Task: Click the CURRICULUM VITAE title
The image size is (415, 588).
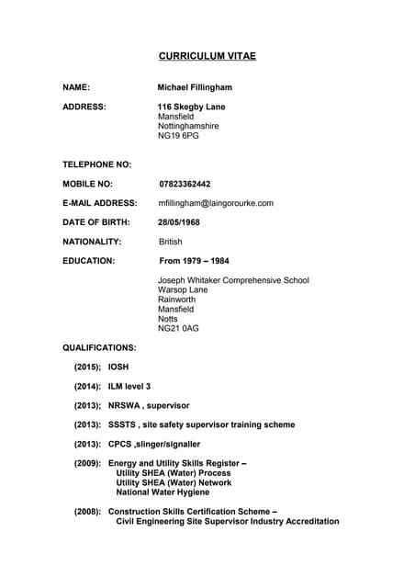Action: (x=207, y=57)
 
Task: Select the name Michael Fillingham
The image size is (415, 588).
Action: (x=195, y=87)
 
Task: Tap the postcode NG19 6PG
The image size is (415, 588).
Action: (x=178, y=136)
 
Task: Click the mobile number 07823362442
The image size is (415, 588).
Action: (x=185, y=184)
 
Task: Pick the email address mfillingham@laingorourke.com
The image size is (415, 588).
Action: (x=216, y=203)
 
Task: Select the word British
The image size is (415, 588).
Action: (x=171, y=242)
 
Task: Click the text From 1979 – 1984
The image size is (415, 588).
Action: (x=194, y=261)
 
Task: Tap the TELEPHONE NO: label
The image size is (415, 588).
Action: (x=96, y=164)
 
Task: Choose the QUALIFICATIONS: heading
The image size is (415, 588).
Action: (x=99, y=348)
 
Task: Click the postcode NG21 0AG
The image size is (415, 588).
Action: (x=178, y=329)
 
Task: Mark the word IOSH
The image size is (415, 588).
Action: (x=118, y=367)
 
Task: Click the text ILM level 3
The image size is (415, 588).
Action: (x=129, y=387)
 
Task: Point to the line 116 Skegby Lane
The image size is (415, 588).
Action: (x=191, y=107)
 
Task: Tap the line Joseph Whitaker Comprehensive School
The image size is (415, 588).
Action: (x=233, y=280)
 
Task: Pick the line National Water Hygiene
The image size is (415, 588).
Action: (x=163, y=492)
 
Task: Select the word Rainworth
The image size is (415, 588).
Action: (x=176, y=300)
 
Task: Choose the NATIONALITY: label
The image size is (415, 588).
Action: (x=92, y=242)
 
